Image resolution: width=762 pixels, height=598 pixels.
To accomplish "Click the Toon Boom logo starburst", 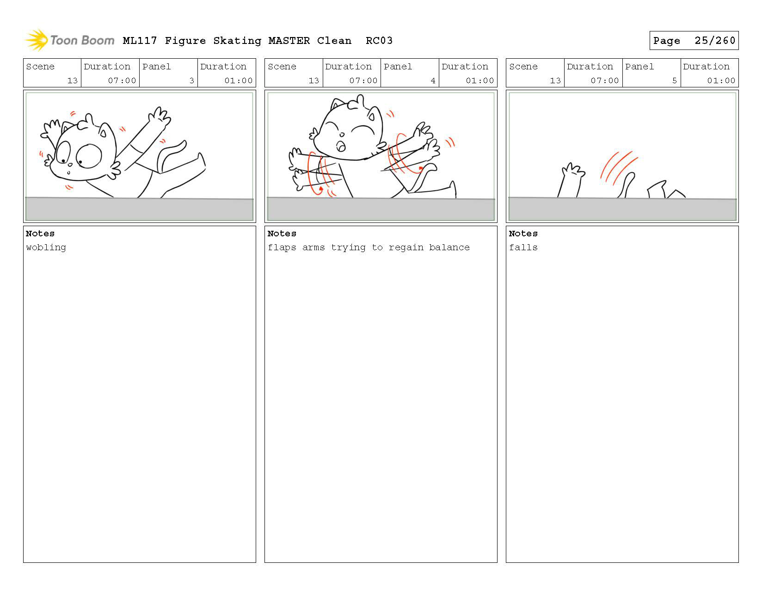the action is pos(36,40).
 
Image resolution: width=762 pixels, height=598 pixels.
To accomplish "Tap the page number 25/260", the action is pos(715,41).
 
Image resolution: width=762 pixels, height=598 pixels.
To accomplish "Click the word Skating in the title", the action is pos(237,41).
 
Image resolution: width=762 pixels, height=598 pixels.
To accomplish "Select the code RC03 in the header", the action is pos(379,41).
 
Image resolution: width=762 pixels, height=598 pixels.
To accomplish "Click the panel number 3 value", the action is pos(191,80).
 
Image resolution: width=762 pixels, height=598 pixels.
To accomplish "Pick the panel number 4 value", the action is pos(433,80).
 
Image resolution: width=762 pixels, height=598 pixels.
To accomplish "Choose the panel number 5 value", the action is pos(674,80).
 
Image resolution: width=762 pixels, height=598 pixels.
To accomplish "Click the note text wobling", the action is pos(46,247).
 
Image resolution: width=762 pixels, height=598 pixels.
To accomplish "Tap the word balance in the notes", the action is pos(449,247).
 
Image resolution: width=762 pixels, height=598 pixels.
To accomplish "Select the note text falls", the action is pos(523,247).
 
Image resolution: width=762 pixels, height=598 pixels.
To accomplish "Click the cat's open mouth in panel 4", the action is pos(340,146).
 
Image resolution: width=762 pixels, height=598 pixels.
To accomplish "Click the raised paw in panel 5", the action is pos(571,179).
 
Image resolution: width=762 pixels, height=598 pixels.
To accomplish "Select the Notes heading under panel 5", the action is pos(523,234).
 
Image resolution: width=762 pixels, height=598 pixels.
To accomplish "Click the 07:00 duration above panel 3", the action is pos(122,80).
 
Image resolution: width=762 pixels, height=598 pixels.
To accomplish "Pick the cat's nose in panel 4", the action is pos(342,135).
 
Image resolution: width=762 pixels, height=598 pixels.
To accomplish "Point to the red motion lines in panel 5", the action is pos(618,167).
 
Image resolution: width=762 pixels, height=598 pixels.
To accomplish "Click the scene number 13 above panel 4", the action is pos(313,80).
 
